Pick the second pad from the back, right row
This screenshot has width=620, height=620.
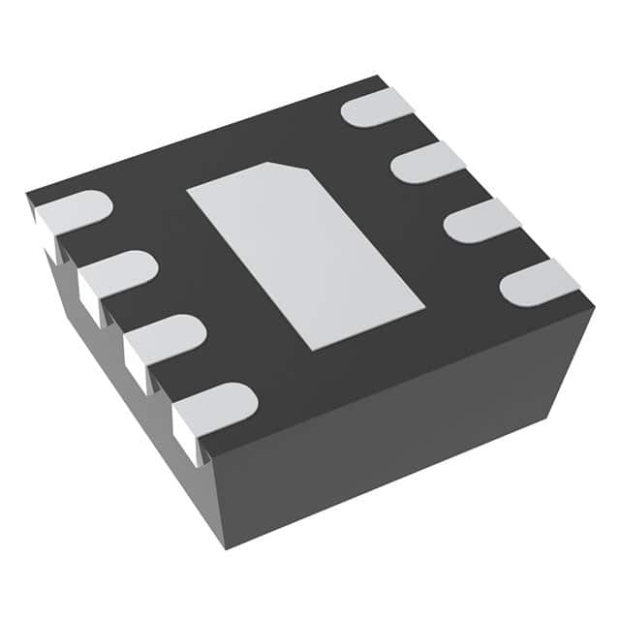427,162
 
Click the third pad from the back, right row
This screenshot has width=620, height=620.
481,220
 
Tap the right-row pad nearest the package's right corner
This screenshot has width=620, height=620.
539,282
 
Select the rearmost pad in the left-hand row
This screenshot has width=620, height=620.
73,212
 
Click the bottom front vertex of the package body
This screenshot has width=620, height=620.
226,548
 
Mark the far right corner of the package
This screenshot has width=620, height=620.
593,308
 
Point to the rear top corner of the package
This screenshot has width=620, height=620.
380,77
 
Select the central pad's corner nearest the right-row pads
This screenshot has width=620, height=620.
424,309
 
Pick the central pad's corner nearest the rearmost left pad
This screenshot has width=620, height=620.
187,187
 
